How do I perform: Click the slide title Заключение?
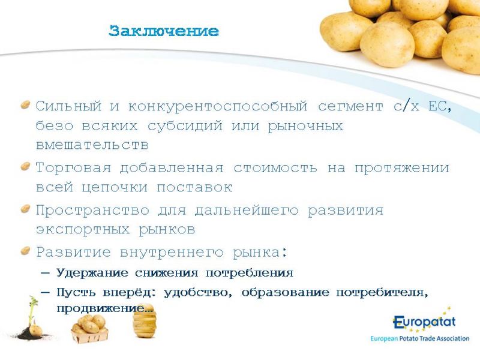coord(164,31)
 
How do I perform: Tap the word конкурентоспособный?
coord(218,107)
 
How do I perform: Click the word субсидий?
coord(185,126)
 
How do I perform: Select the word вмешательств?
coord(92,145)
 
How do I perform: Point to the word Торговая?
coord(73,168)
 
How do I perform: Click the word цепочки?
coord(115,187)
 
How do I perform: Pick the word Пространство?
coord(92,211)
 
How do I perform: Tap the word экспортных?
coord(83,229)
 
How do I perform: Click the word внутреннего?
coord(172,253)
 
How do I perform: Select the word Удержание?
coord(92,273)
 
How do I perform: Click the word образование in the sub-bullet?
coord(285,293)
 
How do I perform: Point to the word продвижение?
coord(104,308)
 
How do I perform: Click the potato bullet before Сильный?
coord(25,104)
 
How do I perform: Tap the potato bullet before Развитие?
coord(25,251)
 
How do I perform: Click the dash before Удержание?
coord(45,272)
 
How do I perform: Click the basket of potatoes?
coord(90,328)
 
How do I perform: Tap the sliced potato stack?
coord(145,322)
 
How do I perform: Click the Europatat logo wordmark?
coord(424,322)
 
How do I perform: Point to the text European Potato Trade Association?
coord(419,338)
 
